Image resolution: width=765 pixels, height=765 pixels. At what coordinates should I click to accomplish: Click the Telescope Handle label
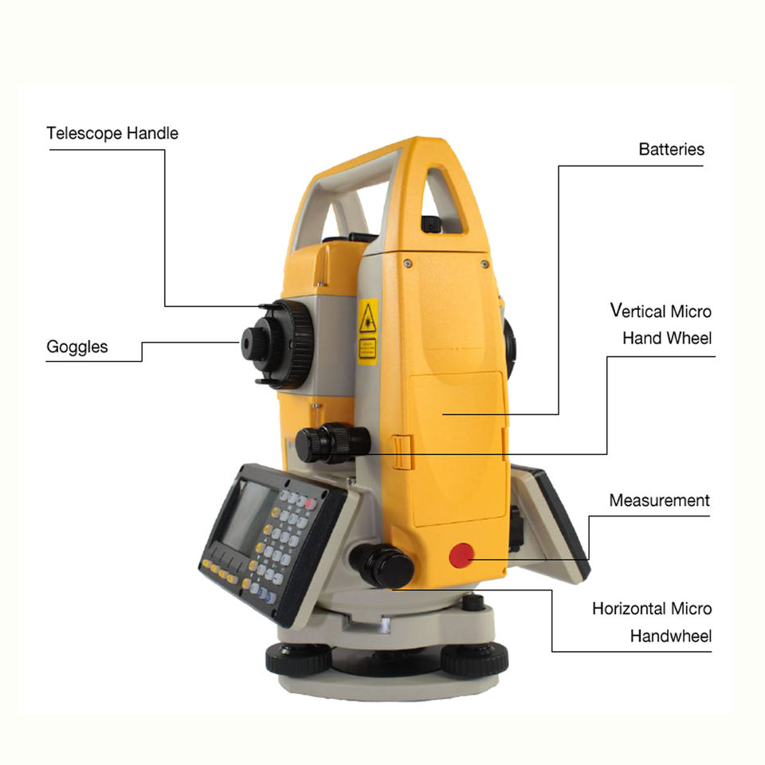coord(112,133)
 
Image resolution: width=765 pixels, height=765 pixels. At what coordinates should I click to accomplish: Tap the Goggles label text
coord(77,347)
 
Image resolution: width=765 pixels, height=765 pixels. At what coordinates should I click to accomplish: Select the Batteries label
coord(671,149)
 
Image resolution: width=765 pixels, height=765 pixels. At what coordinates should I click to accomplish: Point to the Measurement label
coord(659,500)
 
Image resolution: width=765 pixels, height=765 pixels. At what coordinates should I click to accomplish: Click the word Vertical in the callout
coord(637,311)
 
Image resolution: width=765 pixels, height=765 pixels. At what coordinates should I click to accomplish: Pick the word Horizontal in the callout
coord(629,608)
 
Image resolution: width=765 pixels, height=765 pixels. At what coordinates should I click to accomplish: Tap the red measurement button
coord(461,555)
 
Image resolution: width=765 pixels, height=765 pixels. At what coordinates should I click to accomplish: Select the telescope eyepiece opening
coord(247,343)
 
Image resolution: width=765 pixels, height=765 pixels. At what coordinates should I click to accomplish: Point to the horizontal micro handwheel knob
coord(382,565)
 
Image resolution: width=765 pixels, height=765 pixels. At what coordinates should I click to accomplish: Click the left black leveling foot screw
coord(299,659)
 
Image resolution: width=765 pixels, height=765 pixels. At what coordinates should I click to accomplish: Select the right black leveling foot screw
coord(475,659)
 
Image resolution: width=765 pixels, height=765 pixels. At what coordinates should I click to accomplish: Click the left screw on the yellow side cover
coord(408,264)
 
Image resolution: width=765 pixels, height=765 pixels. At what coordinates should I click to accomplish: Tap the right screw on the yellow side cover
coord(484,264)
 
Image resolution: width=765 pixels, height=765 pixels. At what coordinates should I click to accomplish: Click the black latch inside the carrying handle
coord(431,225)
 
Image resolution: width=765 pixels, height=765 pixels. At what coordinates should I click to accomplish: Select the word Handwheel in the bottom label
coord(671,636)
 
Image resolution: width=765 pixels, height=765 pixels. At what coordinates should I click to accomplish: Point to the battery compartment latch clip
coord(402,452)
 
